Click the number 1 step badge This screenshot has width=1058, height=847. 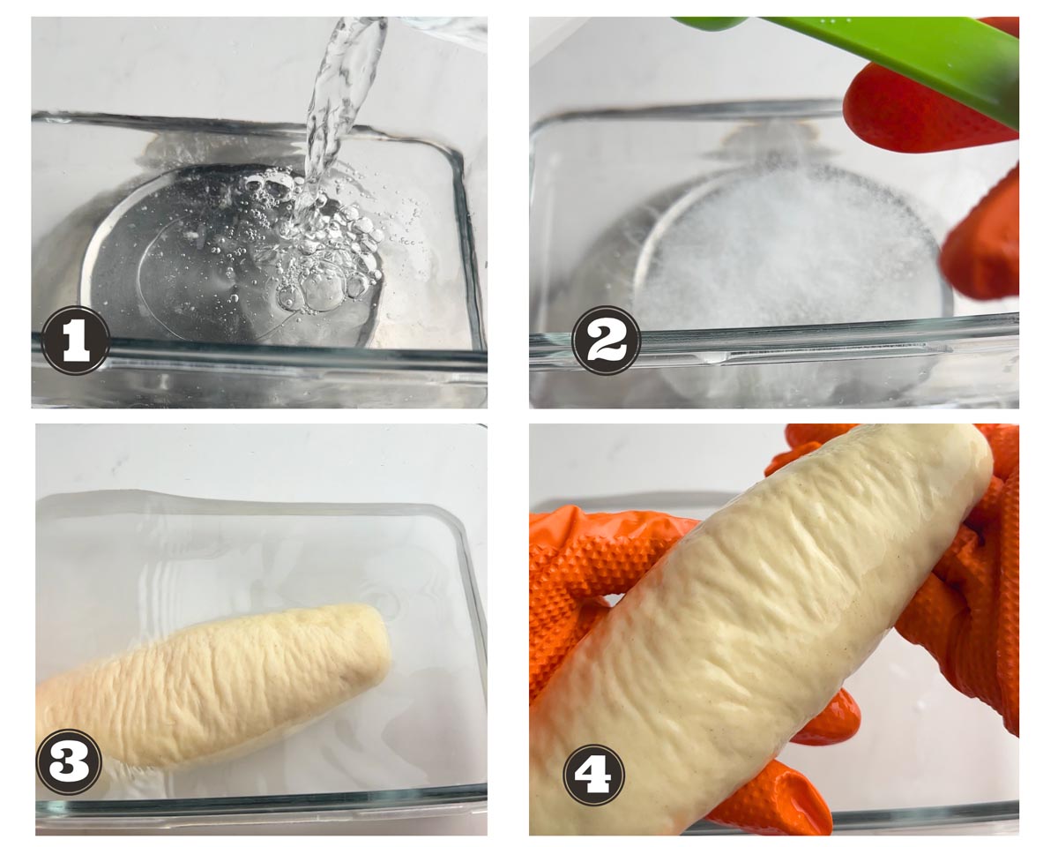[75, 341]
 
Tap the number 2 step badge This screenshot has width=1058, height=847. [607, 341]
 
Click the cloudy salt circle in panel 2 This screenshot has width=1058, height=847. [792, 246]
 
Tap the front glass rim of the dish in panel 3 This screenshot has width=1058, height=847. [261, 810]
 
